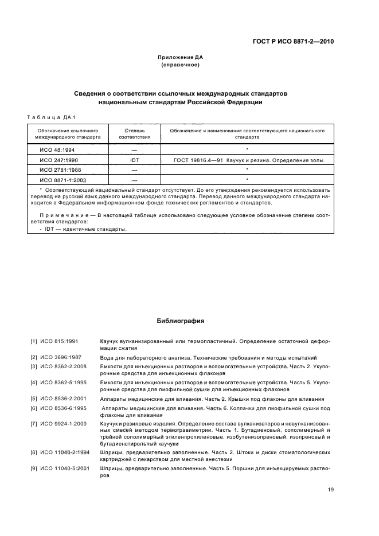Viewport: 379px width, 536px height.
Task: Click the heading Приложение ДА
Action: pyautogui.click(x=181, y=57)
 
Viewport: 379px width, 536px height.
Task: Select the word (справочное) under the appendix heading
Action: pyautogui.click(x=181, y=65)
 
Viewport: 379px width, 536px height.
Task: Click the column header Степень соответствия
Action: pyautogui.click(x=135, y=134)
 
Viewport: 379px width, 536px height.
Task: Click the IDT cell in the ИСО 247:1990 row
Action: pyautogui.click(x=135, y=161)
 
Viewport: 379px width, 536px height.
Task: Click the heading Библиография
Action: pyautogui.click(x=181, y=321)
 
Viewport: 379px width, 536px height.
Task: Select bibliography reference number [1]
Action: pyautogui.click(x=34, y=341)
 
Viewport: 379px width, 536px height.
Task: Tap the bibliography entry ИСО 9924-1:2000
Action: pyautogui.click(x=65, y=423)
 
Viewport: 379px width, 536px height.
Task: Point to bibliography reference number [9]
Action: pyautogui.click(x=34, y=468)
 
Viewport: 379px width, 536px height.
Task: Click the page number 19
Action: pyautogui.click(x=331, y=490)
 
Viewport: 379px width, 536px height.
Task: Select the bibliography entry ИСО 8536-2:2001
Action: pyautogui.click(x=65, y=399)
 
